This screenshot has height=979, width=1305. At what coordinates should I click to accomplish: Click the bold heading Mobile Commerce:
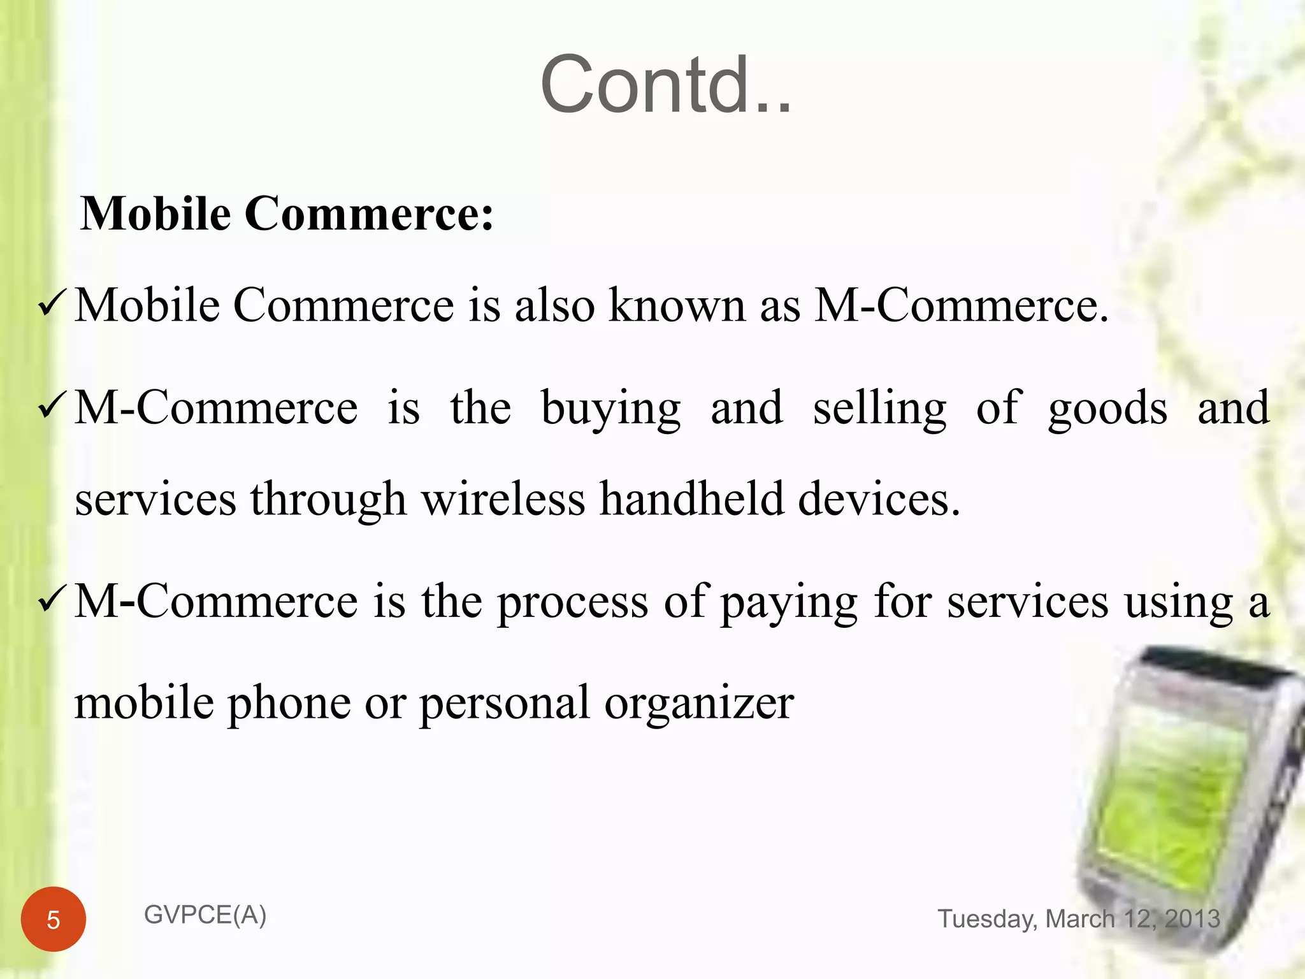click(287, 214)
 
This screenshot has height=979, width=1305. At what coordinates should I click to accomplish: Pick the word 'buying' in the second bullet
click(610, 409)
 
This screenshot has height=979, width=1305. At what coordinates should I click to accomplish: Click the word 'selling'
click(879, 409)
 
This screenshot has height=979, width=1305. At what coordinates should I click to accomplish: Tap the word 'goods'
click(1107, 409)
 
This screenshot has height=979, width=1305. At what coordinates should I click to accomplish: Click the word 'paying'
click(789, 603)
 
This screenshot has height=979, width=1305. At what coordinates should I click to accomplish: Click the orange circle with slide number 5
click(54, 919)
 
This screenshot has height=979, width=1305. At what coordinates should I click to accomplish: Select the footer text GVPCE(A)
click(205, 915)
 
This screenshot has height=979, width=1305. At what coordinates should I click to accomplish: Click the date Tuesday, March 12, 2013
click(1078, 919)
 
